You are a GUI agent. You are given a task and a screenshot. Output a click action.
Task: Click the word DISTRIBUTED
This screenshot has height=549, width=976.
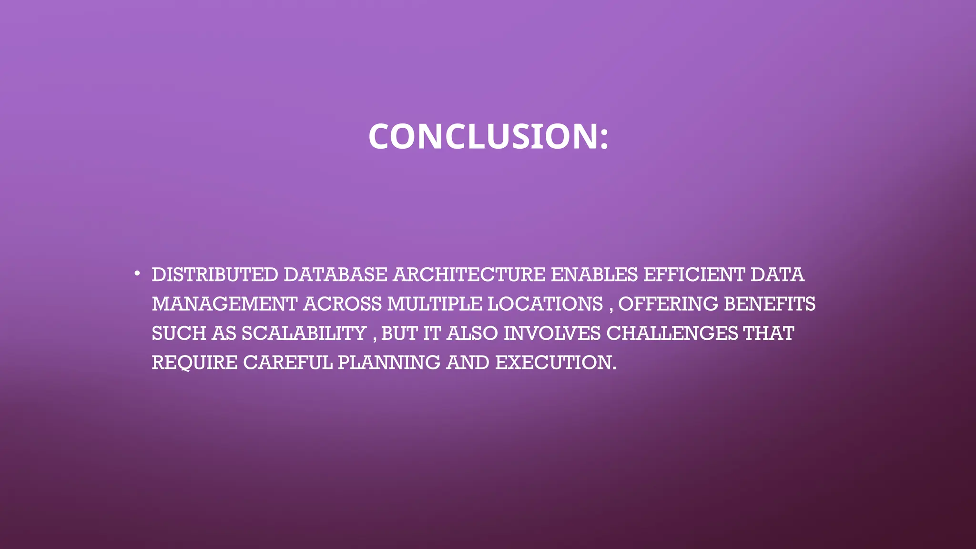tap(215, 275)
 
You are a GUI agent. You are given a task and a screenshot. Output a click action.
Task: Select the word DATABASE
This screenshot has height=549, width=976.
tap(335, 275)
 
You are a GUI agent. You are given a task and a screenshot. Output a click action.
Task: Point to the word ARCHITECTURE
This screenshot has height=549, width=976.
tap(469, 275)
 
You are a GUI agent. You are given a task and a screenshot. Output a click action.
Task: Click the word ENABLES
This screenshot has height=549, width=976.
tap(594, 275)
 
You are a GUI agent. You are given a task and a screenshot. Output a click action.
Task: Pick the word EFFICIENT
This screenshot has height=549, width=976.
tap(694, 275)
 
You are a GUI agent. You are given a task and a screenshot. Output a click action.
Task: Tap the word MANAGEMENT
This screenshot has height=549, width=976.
tap(224, 304)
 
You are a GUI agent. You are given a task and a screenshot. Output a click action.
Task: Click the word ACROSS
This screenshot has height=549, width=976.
tap(343, 304)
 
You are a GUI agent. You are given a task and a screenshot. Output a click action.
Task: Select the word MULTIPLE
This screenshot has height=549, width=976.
tap(434, 304)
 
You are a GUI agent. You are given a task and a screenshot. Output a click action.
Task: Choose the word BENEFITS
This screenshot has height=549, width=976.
tap(770, 304)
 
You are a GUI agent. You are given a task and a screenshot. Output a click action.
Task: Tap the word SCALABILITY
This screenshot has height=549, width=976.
tap(304, 333)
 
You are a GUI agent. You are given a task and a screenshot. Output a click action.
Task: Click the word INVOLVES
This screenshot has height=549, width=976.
tap(552, 333)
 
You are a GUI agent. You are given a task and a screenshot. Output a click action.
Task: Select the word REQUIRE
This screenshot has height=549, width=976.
tap(194, 363)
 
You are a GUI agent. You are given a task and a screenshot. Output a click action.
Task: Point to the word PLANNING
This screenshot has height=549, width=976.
tap(389, 363)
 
